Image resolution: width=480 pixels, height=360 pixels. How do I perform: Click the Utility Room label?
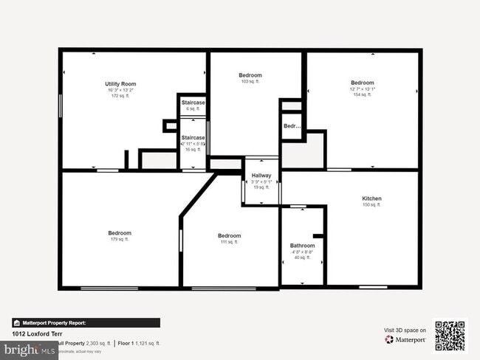point(120,84)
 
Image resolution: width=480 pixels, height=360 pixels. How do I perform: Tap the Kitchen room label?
point(371,198)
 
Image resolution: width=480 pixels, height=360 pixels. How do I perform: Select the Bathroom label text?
point(302,246)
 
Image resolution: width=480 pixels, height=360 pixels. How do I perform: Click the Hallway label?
point(261,175)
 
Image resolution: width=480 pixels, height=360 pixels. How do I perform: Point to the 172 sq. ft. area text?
point(120,96)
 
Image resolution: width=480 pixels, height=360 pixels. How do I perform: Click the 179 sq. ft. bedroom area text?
point(120,239)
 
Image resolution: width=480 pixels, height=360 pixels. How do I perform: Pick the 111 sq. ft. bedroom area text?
point(230,242)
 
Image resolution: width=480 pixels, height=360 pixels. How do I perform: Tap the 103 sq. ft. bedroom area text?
point(250,81)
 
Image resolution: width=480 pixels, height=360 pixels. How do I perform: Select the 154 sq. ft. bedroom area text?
point(362,94)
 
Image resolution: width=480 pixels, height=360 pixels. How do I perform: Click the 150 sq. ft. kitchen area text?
point(371,205)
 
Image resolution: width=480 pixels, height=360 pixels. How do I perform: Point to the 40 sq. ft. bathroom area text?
point(302,257)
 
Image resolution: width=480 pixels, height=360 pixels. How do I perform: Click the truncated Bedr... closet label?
point(292,126)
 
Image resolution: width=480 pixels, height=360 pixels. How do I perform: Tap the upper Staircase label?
point(193,103)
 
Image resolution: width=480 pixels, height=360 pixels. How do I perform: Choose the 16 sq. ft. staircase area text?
point(193,149)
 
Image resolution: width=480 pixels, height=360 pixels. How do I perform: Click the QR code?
point(450,336)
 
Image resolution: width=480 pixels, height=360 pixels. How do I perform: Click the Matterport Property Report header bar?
point(86,322)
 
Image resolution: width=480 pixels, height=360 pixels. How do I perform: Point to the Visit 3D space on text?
point(405,330)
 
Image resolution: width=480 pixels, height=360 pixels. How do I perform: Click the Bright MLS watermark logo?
point(30,350)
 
